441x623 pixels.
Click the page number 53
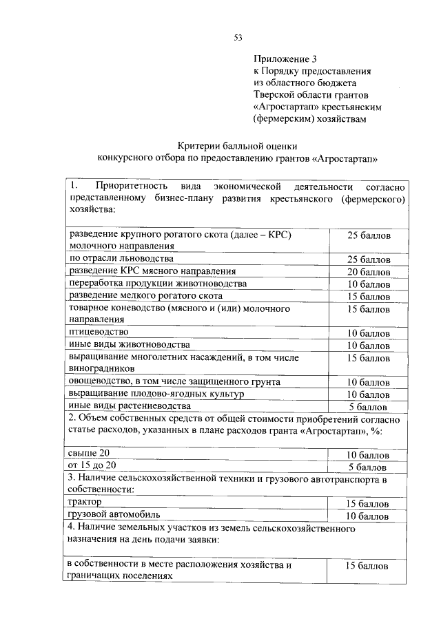click(238, 37)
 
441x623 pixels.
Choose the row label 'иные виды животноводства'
click(129, 344)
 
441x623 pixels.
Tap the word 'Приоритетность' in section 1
click(128, 187)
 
